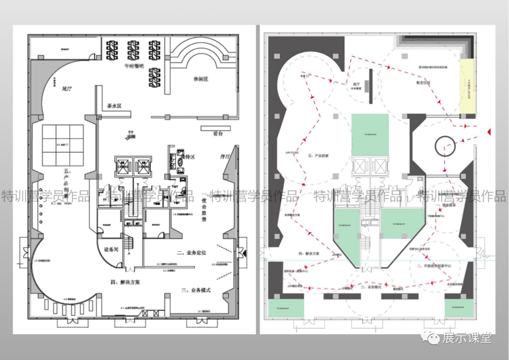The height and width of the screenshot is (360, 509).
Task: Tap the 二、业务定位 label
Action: pos(192,253)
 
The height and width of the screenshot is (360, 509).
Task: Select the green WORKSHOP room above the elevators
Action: pos(370,134)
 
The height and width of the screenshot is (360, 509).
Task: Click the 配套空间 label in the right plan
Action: pos(424,82)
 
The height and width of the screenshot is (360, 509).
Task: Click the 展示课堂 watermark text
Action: pos(467,337)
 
